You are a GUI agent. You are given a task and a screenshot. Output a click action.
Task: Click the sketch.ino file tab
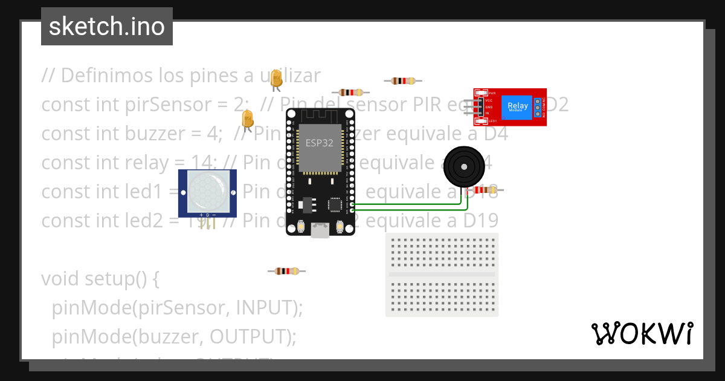[107, 27]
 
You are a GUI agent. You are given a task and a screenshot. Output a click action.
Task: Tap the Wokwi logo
[642, 333]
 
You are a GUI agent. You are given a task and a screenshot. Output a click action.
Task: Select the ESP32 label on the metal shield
[320, 143]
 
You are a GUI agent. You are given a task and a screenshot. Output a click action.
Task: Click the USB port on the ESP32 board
[320, 230]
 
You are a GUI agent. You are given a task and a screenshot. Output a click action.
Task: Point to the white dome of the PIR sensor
[207, 190]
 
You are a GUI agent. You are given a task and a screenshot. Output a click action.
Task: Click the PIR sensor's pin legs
[207, 223]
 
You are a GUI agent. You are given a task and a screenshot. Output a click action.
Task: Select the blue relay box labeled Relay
[518, 107]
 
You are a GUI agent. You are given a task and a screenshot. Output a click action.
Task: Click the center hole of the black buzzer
[464, 166]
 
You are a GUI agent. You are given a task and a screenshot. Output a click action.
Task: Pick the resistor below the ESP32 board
[286, 271]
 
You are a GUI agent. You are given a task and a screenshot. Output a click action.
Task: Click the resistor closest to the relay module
[403, 80]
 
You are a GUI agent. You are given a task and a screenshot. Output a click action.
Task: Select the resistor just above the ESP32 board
[351, 93]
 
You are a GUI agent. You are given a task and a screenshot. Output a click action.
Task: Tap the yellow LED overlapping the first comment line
[276, 79]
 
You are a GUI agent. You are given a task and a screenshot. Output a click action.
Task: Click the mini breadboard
[442, 275]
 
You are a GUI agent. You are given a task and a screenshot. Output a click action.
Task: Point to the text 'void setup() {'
[100, 279]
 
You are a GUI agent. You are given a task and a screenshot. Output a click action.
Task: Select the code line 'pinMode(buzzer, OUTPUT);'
[174, 336]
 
